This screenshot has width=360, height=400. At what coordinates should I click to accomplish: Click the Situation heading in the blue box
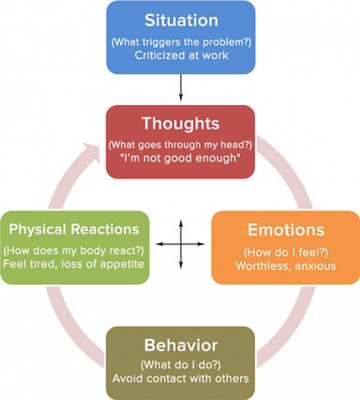[181, 20]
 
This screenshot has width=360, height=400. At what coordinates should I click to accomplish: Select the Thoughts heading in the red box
[181, 124]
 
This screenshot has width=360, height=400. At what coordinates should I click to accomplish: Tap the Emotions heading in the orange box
[286, 230]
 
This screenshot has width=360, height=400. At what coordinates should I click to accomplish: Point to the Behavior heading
[181, 345]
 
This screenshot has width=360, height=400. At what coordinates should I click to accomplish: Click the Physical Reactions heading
[74, 229]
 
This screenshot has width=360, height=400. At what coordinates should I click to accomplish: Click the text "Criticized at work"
[181, 55]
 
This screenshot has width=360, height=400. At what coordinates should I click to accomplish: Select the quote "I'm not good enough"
[181, 158]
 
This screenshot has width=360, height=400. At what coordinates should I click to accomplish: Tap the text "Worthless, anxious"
[286, 266]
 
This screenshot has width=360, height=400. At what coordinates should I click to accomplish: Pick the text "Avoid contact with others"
[181, 378]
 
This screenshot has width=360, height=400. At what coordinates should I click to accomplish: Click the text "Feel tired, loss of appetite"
[74, 264]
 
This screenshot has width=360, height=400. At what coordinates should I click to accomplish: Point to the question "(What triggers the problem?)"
[181, 42]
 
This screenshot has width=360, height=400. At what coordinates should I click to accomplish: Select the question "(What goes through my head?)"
[181, 145]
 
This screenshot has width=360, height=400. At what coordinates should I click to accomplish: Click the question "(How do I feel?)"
[286, 253]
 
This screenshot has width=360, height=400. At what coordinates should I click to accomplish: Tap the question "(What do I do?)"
[181, 365]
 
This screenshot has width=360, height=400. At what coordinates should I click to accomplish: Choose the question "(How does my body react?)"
[74, 250]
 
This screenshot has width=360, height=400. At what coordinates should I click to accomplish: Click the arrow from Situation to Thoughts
[181, 87]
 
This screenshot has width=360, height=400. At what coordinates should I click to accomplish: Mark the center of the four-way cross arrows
[181, 244]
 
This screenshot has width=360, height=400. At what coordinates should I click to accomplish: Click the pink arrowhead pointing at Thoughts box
[91, 147]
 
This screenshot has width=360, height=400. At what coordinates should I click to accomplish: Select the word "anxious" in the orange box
[315, 266]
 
